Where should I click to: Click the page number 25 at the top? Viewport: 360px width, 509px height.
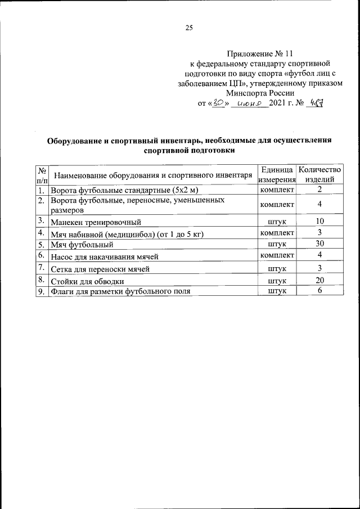pos(189,28)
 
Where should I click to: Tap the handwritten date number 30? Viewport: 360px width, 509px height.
pos(215,103)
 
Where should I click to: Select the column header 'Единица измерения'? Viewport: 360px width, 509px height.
pos(277,174)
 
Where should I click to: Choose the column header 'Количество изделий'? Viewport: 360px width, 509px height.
pos(319,174)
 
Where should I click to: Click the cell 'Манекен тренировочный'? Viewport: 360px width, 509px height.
pos(96,222)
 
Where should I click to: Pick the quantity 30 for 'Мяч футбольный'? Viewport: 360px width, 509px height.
pos(319,244)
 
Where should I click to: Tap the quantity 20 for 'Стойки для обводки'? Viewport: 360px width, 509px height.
pos(319,280)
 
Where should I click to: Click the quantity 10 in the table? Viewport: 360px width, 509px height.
pos(319,222)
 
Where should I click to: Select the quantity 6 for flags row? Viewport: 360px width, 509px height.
pos(319,291)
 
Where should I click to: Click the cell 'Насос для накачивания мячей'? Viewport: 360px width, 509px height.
pos(105,256)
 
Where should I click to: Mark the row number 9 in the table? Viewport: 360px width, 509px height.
pos(42,291)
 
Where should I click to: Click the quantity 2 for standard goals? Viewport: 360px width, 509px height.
pos(319,190)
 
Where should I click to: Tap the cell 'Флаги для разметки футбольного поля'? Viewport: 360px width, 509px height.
pos(120,291)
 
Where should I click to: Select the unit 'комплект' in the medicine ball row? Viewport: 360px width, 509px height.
pos(277,233)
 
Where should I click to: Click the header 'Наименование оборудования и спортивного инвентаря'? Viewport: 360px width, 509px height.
pos(152,175)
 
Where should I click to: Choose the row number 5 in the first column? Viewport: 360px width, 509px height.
pos(42,245)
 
